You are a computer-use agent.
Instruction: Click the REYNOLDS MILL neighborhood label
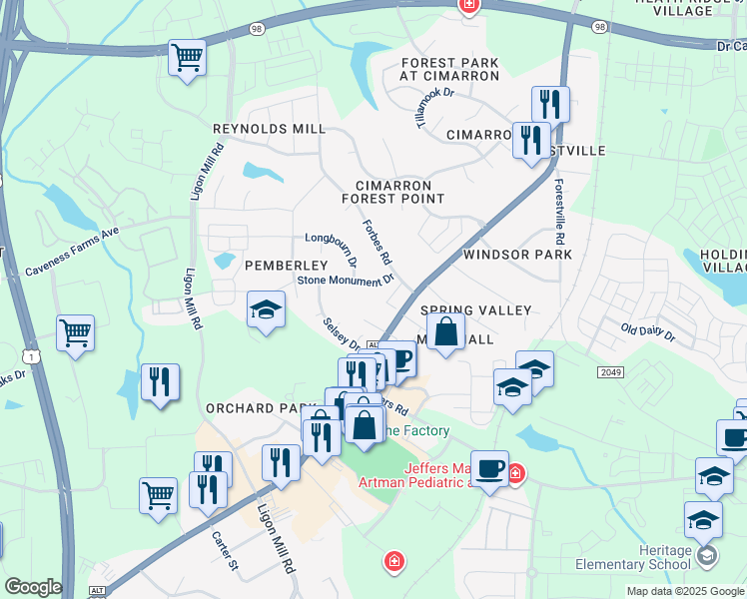click(x=269, y=130)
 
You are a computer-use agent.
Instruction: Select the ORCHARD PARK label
click(x=253, y=409)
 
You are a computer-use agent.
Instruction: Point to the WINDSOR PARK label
click(x=517, y=255)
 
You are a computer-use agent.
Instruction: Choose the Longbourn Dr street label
click(x=333, y=251)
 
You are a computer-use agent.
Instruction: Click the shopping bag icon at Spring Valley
click(x=446, y=331)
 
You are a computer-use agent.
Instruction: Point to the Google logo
click(x=33, y=587)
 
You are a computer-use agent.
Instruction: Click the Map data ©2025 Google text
click(x=684, y=591)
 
